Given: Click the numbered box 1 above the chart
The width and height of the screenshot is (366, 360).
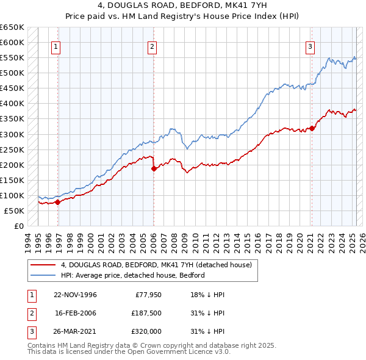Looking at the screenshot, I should pos(56,46).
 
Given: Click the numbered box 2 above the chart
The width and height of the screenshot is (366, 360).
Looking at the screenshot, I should pos(152,46).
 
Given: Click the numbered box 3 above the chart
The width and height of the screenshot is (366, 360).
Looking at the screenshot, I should pos(310,46).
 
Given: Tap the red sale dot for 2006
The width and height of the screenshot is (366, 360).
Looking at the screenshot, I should pos(154,168).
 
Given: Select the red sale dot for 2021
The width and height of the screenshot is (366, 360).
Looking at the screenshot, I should pos(312,128).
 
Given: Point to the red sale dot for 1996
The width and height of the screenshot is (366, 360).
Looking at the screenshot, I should pos(58,202).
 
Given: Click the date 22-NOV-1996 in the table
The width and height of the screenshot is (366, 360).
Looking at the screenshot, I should pos(76,295).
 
